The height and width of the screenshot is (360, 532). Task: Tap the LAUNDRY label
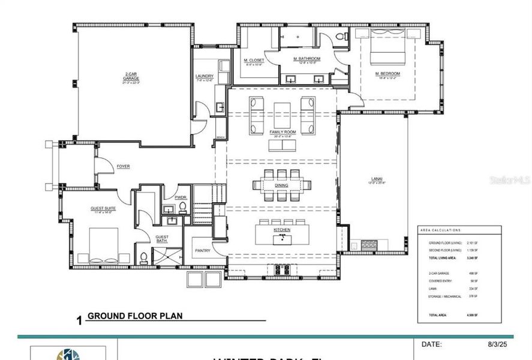(x=205, y=76)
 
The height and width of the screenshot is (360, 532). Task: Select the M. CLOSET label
(x=254, y=61)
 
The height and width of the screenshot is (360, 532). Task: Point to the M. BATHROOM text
(x=306, y=59)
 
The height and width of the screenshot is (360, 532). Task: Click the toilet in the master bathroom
(x=342, y=37)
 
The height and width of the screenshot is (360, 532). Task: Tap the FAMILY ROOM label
(x=282, y=131)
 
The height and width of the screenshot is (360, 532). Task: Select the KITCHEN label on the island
(x=282, y=230)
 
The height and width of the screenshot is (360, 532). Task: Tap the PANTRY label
(x=202, y=250)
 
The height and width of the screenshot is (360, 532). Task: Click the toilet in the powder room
(x=182, y=208)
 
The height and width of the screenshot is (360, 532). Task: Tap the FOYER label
(x=124, y=166)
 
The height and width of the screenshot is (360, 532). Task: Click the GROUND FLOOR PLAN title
(x=134, y=316)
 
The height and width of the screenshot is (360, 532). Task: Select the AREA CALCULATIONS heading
(x=440, y=230)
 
